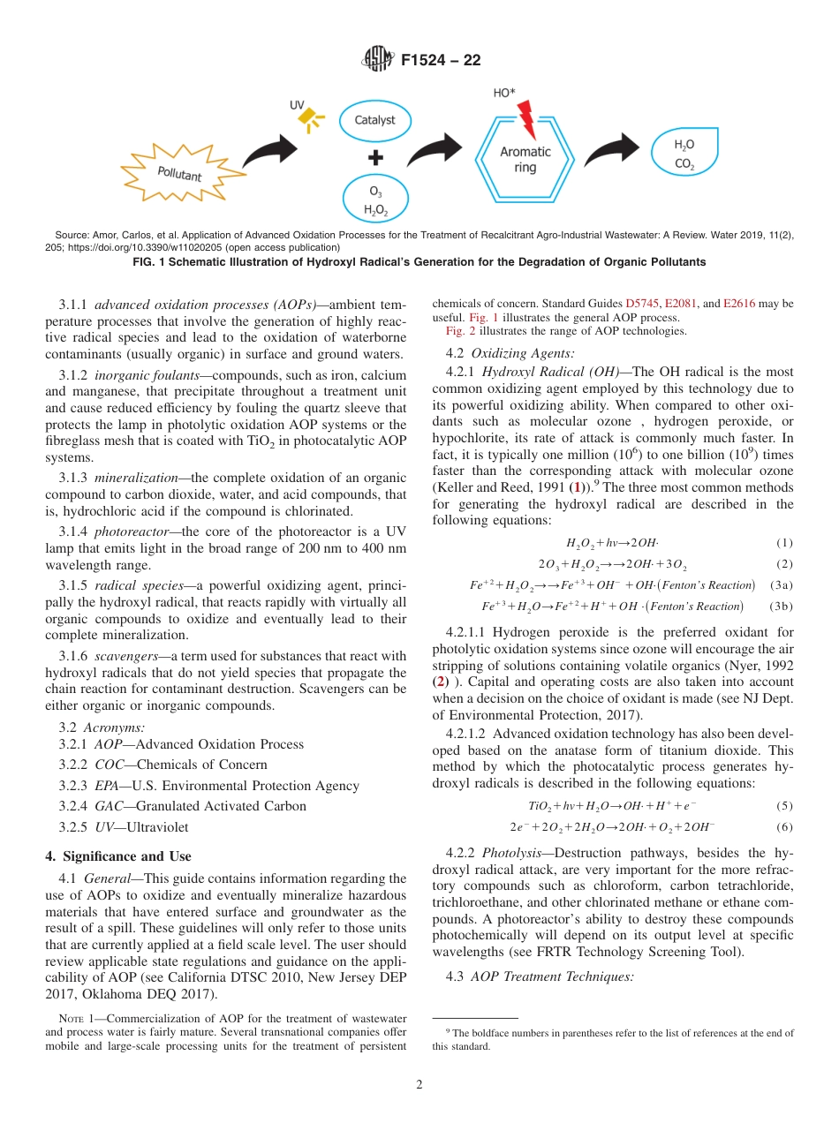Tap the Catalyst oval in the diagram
(374, 121)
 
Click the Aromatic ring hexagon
(525, 160)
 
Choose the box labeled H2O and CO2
(684, 155)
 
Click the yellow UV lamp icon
(308, 117)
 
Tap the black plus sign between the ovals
(375, 159)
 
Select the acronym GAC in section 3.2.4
(108, 806)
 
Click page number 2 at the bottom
(419, 1085)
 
